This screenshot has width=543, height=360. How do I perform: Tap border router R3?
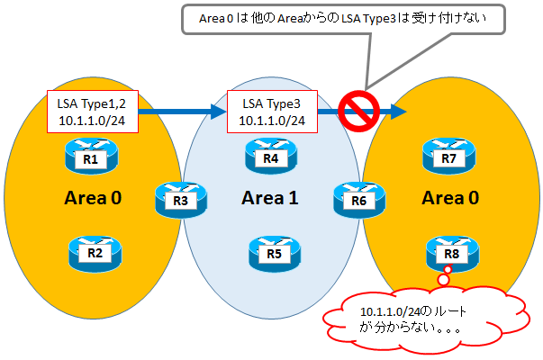click(180, 198)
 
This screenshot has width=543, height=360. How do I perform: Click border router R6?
click(357, 198)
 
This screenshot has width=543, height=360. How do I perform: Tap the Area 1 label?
click(270, 198)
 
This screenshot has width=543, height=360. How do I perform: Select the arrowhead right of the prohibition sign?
click(397, 112)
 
